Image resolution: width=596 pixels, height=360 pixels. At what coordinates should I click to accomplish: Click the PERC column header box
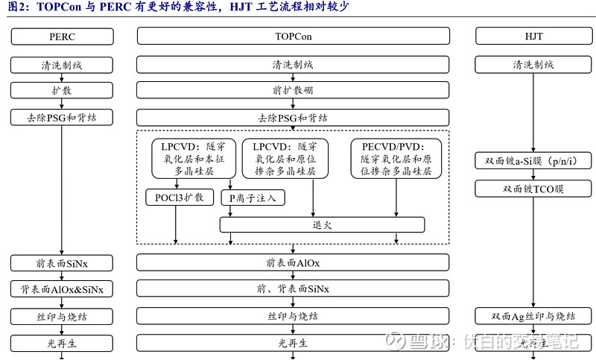[62, 36]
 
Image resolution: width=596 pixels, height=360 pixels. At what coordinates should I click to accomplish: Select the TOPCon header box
[293, 36]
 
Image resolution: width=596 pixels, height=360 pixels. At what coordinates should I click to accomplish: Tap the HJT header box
[533, 36]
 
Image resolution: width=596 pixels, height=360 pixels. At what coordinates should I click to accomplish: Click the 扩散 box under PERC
[62, 90]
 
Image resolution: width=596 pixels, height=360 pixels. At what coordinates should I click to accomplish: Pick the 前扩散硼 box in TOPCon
[293, 90]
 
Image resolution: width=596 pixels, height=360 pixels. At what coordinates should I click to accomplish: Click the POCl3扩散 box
[179, 198]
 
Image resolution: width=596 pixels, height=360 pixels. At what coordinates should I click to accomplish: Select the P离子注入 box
[253, 198]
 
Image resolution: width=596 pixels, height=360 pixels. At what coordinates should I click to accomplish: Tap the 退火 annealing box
[322, 224]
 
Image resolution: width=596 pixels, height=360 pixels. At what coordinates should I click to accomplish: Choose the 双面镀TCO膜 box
[533, 189]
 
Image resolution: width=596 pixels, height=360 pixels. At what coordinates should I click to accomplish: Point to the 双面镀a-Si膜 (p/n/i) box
[533, 162]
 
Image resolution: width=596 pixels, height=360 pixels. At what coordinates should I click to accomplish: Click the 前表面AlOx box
[293, 262]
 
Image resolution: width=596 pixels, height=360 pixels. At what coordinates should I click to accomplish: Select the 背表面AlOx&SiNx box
[62, 289]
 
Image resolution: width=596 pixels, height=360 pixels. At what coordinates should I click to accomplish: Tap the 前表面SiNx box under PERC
[62, 262]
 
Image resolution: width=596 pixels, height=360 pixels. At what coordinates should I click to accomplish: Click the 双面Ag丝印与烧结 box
[533, 316]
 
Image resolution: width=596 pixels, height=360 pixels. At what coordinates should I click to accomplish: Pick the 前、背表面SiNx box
[293, 289]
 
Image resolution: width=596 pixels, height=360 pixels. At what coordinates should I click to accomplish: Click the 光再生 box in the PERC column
[62, 343]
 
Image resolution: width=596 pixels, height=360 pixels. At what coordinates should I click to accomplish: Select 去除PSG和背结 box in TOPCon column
[293, 117]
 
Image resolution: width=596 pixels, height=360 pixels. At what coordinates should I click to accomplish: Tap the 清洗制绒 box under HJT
[533, 65]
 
